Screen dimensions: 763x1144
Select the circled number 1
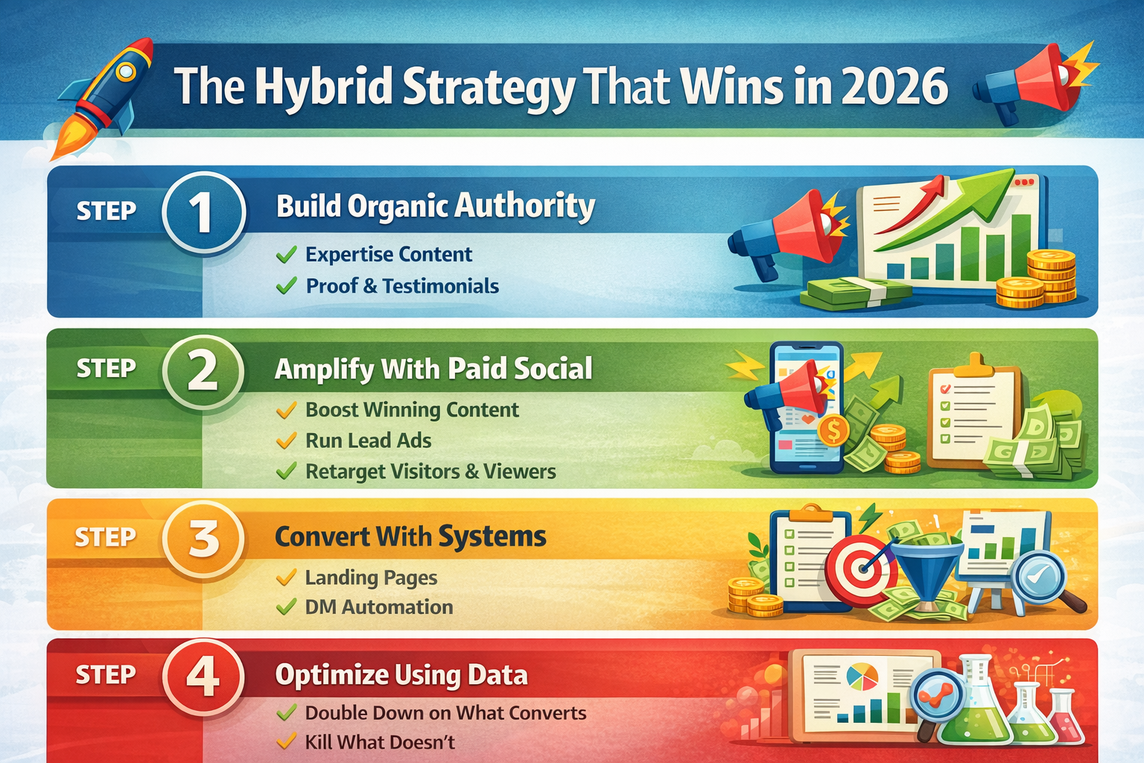pyautogui.click(x=203, y=212)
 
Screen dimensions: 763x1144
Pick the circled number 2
pyautogui.click(x=203, y=371)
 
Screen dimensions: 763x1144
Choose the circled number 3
pyautogui.click(x=203, y=539)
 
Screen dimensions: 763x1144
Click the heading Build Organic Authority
pyautogui.click(x=436, y=206)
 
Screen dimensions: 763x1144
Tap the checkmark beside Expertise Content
pyautogui.click(x=286, y=255)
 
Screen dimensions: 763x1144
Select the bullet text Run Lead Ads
pyautogui.click(x=368, y=440)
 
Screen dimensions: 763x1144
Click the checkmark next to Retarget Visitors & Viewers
pyautogui.click(x=286, y=472)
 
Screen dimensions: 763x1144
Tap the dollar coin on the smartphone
pyautogui.click(x=833, y=431)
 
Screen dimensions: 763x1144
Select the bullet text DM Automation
pyautogui.click(x=378, y=607)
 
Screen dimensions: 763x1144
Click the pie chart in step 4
pyautogui.click(x=862, y=677)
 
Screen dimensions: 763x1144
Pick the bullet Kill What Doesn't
pyautogui.click(x=379, y=742)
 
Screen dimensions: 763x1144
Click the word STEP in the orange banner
pyautogui.click(x=105, y=537)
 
